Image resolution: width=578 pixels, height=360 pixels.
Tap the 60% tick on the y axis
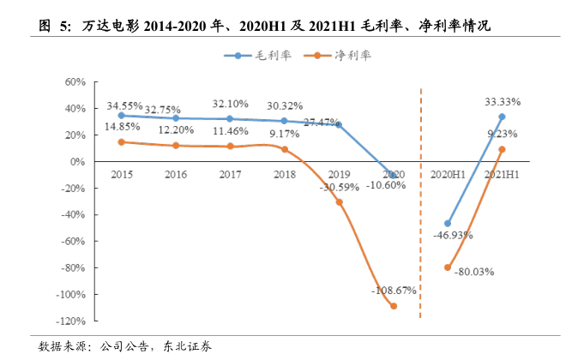[x=75, y=82]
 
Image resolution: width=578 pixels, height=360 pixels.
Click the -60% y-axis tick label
[x=73, y=242]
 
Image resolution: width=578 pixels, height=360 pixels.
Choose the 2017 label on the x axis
[x=230, y=174]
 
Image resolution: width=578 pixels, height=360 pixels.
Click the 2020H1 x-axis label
[x=447, y=174]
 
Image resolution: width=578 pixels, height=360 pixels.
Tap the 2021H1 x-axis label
[x=502, y=174]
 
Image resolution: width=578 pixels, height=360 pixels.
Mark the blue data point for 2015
[x=121, y=115]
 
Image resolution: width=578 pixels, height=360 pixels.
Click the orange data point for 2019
[x=339, y=202]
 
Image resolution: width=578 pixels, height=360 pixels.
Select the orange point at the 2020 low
[x=394, y=306]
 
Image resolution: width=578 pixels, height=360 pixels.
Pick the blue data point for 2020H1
[x=448, y=224]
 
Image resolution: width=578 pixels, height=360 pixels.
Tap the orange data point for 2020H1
[x=448, y=267]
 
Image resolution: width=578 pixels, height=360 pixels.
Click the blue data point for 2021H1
[x=502, y=117]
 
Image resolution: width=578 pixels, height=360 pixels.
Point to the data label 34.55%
[x=124, y=105]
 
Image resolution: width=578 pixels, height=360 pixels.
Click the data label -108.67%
[x=394, y=291]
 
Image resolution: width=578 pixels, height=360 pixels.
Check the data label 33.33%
[x=503, y=101]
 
